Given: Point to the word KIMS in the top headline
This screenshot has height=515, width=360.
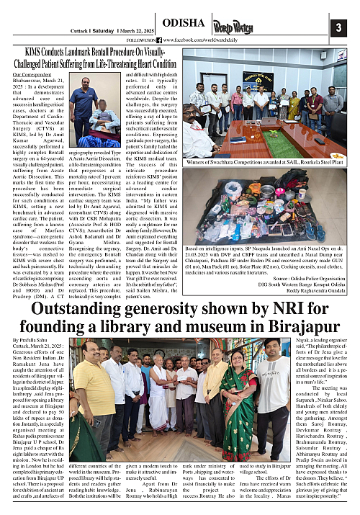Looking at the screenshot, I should tap(35, 53).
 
